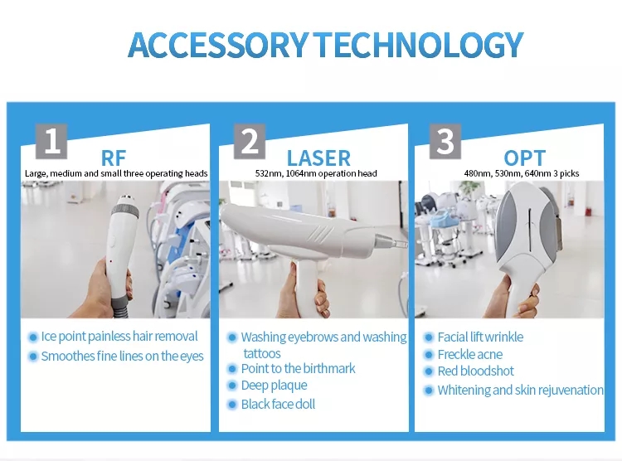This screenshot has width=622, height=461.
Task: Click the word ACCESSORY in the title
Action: pos(218,44)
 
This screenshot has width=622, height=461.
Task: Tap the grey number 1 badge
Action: pos(51,141)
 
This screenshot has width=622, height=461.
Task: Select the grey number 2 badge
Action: pos(250,141)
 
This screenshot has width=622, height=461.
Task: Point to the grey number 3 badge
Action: pos(445,141)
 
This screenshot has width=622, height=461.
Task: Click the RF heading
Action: pos(114,158)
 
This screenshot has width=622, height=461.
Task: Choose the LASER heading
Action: pos(318,158)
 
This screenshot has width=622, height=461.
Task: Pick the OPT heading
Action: pos(524,158)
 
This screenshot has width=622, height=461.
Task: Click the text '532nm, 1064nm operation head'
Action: pos(316,173)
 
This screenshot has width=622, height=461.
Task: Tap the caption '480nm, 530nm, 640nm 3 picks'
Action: pos(522,173)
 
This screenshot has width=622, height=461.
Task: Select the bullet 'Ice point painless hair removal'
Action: pos(119,337)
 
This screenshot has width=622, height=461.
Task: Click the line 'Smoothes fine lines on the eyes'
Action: pos(122,357)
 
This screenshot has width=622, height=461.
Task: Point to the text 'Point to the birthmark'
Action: pos(299,369)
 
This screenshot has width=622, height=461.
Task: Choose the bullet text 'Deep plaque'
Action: pos(275,386)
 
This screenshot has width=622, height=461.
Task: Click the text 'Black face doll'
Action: pos(278,405)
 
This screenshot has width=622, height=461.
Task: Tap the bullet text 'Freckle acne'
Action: pos(470,354)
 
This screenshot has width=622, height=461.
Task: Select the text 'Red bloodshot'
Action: pos(476,371)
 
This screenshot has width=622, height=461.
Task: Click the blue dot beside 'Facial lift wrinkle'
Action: pos(428,337)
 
